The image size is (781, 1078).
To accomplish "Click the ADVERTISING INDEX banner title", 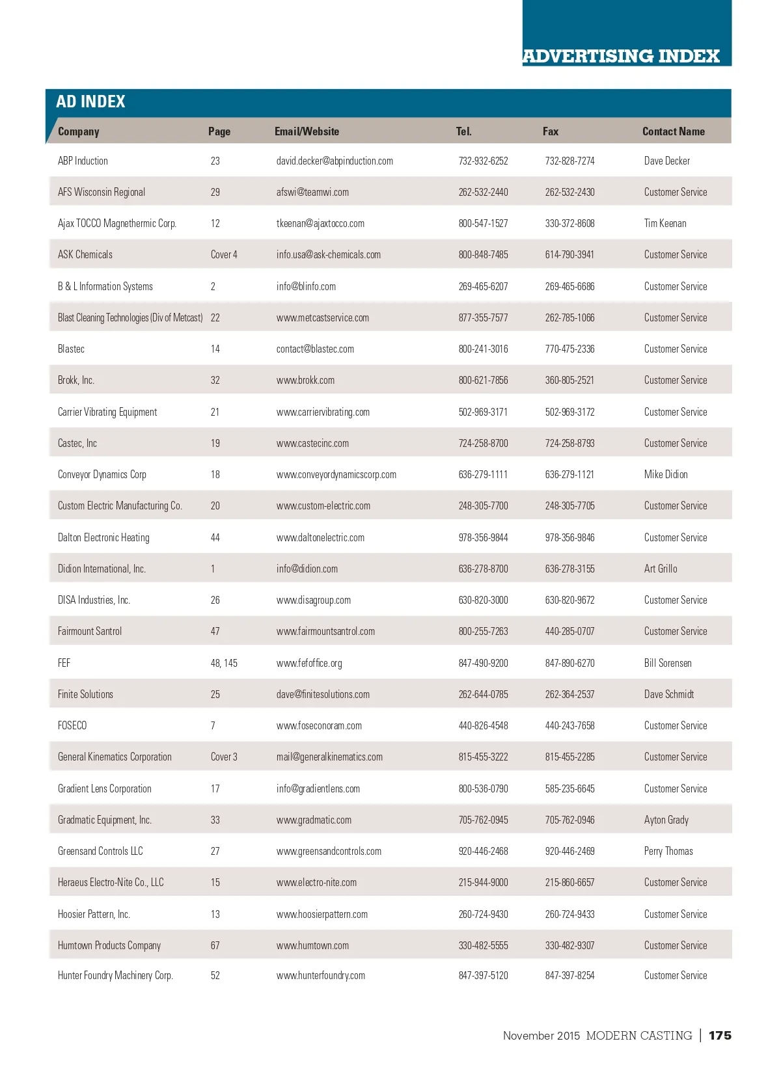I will pyautogui.click(x=621, y=56).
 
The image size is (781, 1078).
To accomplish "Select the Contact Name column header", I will pyautogui.click(x=673, y=131).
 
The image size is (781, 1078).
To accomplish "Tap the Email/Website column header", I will pyautogui.click(x=307, y=131).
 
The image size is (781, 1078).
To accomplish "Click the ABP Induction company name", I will pyautogui.click(x=83, y=161).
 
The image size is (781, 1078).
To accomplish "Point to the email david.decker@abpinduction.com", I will pyautogui.click(x=335, y=161).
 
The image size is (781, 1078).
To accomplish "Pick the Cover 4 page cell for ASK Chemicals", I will pyautogui.click(x=224, y=254).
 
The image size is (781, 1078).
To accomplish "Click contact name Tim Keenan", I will pyautogui.click(x=665, y=223).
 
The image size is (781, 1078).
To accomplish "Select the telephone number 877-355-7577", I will pyautogui.click(x=483, y=317).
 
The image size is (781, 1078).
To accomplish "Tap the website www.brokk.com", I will pyautogui.click(x=305, y=380).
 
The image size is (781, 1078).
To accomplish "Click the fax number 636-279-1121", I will pyautogui.click(x=569, y=474).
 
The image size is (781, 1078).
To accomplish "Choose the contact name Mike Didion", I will pyautogui.click(x=666, y=474).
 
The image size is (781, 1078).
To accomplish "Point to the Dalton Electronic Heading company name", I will pyautogui.click(x=103, y=537).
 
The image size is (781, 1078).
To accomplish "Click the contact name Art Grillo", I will pyautogui.click(x=661, y=569).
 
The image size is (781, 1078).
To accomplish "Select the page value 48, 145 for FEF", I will pyautogui.click(x=224, y=663).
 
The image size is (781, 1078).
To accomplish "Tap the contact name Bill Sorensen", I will pyautogui.click(x=668, y=663).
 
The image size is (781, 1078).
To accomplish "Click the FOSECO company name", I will pyautogui.click(x=72, y=725).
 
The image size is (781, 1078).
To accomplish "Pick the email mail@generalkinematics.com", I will pyautogui.click(x=329, y=757).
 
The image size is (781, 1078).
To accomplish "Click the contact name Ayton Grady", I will pyautogui.click(x=666, y=820).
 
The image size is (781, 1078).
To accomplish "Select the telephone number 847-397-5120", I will pyautogui.click(x=483, y=975).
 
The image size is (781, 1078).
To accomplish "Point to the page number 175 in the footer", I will pyautogui.click(x=720, y=1035).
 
